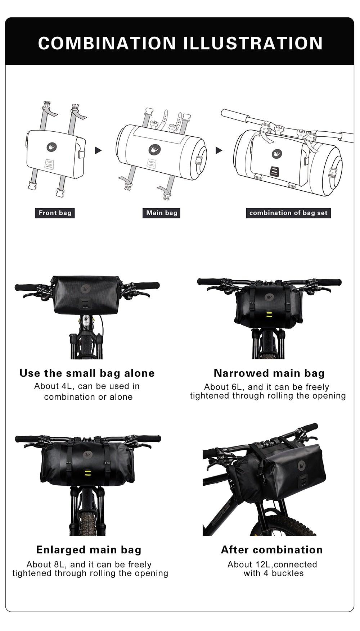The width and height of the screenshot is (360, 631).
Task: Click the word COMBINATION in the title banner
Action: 107,43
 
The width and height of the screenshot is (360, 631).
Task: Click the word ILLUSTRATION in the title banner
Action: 253,43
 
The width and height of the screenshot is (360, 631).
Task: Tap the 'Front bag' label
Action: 55,213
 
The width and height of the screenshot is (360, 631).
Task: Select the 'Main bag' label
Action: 162,213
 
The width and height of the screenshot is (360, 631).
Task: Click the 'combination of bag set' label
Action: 288,213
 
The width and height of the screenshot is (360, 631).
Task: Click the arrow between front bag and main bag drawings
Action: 98,150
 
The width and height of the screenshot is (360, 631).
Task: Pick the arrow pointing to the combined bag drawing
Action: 219,150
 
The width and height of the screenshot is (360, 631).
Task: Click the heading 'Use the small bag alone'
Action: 87,373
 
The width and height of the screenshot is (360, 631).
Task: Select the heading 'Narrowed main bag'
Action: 269,373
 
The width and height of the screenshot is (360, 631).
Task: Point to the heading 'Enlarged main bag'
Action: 89,550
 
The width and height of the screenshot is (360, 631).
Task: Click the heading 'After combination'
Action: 272,550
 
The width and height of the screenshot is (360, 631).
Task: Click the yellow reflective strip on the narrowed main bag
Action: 269,315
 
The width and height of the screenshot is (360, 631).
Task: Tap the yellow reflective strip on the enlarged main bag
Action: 88,472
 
